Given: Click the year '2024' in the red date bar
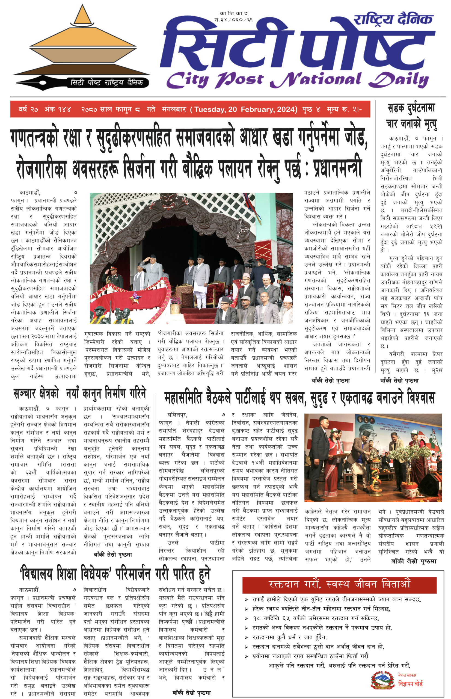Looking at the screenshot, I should [285, 109].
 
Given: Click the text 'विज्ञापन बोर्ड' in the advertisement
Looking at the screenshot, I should [410, 684].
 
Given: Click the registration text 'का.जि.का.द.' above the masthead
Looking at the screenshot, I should [234, 14].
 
